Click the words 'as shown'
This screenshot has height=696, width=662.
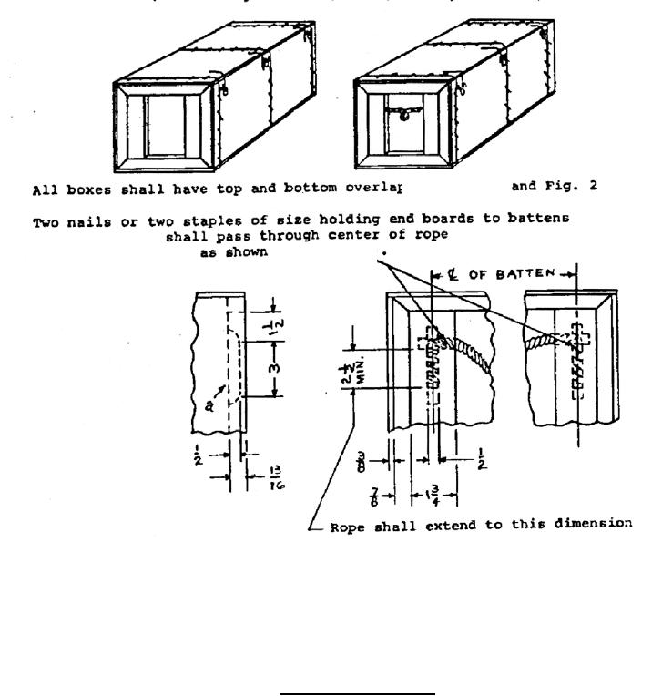coord(234,253)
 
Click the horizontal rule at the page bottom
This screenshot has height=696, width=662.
coord(358,694)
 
